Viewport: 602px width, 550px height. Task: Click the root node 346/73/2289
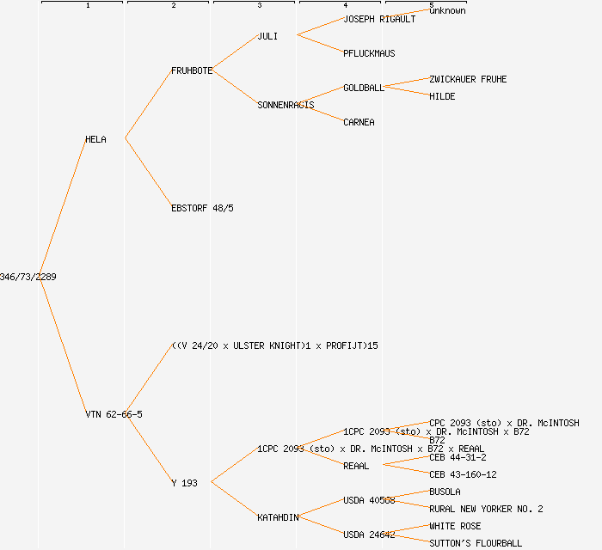click(x=28, y=277)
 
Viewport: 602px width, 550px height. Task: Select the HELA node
click(x=95, y=139)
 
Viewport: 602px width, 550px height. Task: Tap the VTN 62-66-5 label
click(x=114, y=414)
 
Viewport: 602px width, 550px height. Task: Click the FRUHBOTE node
click(x=192, y=70)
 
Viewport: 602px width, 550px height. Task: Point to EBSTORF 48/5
click(x=202, y=208)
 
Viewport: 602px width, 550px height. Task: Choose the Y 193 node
click(x=184, y=483)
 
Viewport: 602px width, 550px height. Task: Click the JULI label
click(x=267, y=36)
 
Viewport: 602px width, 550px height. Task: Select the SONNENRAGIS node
click(x=286, y=105)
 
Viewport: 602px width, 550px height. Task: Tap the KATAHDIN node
click(x=278, y=517)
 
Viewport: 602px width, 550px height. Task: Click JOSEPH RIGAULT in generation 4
click(x=379, y=19)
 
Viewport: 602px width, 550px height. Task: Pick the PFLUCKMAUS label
click(x=369, y=53)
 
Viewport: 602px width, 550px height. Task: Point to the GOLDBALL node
click(x=364, y=88)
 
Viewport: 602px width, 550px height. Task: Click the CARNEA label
click(x=359, y=122)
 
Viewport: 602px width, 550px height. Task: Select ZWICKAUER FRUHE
click(x=468, y=79)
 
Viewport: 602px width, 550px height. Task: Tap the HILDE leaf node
click(x=442, y=96)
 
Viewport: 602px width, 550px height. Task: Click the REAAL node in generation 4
click(x=356, y=466)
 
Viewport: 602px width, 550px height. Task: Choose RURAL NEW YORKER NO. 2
click(x=486, y=509)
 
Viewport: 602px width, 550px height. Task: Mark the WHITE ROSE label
click(x=455, y=526)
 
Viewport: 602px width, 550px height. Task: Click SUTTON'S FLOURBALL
click(x=476, y=543)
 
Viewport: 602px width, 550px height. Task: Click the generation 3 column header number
click(x=259, y=6)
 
